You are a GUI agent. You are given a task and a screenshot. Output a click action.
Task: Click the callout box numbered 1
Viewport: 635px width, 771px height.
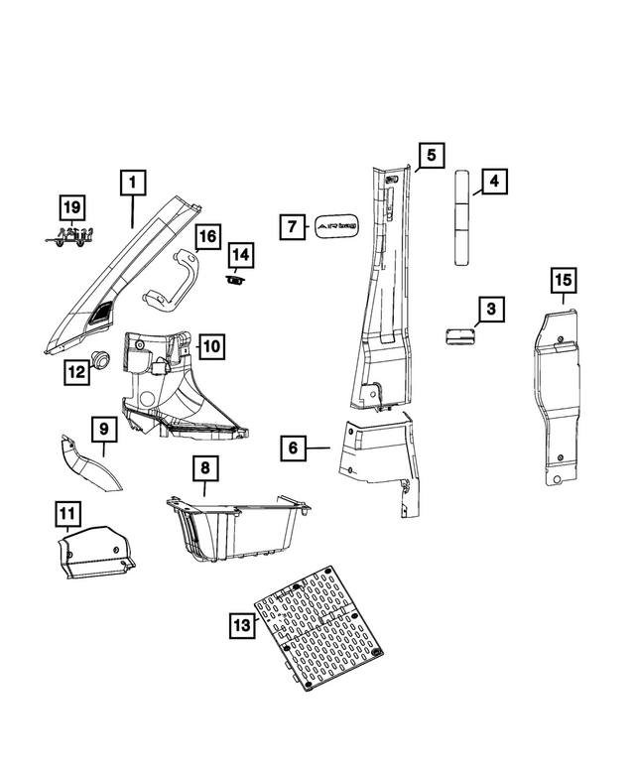(x=133, y=183)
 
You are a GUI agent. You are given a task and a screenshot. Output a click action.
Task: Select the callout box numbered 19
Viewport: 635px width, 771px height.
(x=70, y=207)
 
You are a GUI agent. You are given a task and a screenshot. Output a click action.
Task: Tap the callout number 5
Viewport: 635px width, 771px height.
(x=431, y=155)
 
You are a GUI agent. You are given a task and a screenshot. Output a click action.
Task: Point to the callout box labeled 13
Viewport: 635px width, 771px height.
(x=241, y=625)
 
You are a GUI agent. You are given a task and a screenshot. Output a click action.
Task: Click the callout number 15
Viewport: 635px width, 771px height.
(x=562, y=282)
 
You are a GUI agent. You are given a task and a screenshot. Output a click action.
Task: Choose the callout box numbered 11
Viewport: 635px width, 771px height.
(x=66, y=514)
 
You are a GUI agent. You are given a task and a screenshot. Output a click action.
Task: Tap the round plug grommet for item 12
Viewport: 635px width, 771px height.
(x=100, y=359)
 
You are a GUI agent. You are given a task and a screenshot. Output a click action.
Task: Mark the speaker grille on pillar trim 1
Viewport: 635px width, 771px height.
(x=100, y=313)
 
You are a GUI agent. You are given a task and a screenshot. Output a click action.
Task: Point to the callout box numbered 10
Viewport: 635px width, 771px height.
(x=213, y=346)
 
